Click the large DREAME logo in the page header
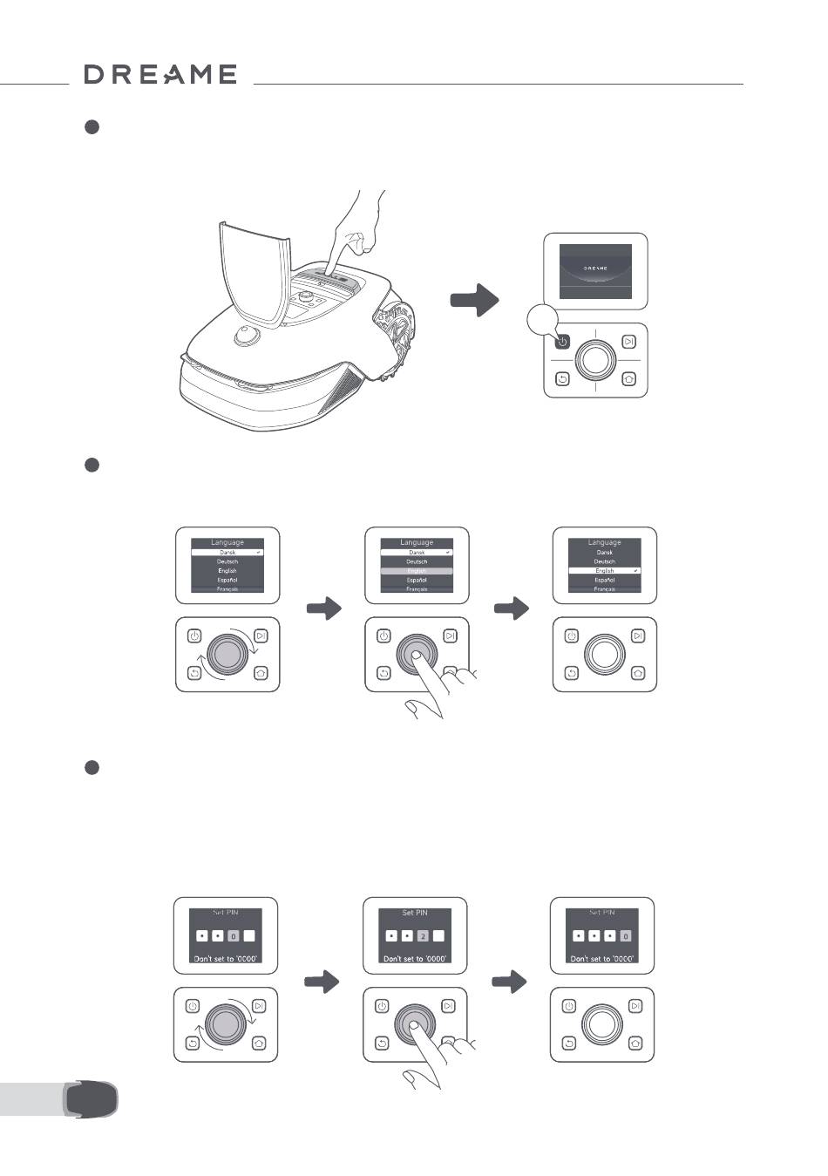[x=160, y=75]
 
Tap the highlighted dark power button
[x=562, y=342]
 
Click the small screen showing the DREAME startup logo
[x=595, y=270]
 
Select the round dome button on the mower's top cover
[x=247, y=335]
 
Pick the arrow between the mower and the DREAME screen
[x=474, y=300]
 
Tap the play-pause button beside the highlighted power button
[x=629, y=342]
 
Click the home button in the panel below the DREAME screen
[x=629, y=379]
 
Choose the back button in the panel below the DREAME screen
[x=562, y=379]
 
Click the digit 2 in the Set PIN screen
[x=422, y=936]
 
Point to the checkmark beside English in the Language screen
[x=636, y=570]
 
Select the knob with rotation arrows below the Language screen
[x=227, y=654]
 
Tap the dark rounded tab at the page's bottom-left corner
[x=91, y=1098]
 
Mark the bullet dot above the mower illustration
[x=91, y=127]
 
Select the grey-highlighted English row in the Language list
[x=417, y=571]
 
